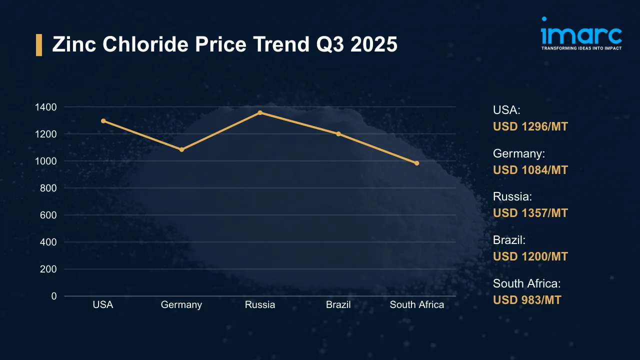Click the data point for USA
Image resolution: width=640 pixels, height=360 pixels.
click(103, 121)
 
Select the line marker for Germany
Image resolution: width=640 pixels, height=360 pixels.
click(181, 149)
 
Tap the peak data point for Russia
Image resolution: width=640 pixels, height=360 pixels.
click(260, 112)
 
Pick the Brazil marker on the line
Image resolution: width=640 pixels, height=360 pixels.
click(338, 134)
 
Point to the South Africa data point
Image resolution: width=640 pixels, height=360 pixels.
click(416, 163)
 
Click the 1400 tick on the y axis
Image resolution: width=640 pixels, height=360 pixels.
click(46, 107)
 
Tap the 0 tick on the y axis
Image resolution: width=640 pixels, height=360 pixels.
click(54, 296)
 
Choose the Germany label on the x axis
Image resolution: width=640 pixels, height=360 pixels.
click(181, 304)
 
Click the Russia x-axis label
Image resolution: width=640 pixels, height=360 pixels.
click(260, 304)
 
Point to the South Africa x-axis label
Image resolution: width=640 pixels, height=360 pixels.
click(416, 304)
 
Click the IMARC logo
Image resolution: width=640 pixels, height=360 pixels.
click(581, 34)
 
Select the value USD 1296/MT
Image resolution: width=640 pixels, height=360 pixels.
click(530, 126)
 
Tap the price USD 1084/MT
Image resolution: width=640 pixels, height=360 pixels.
click(530, 170)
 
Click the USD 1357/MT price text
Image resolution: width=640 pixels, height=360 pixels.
click(530, 213)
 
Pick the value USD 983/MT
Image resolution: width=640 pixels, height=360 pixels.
click(527, 300)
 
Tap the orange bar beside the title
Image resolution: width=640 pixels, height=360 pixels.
click(39, 45)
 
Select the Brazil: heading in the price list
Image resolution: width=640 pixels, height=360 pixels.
click(509, 240)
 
